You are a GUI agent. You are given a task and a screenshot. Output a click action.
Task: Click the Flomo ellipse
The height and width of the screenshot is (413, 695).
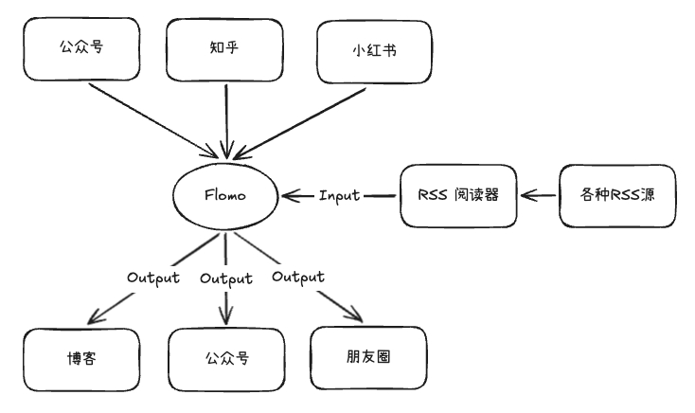pyautogui.click(x=225, y=195)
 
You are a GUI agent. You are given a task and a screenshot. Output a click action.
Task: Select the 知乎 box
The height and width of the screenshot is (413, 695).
pyautogui.click(x=225, y=50)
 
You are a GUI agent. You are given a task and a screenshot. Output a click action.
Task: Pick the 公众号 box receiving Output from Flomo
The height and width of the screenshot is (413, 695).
pyautogui.click(x=227, y=361)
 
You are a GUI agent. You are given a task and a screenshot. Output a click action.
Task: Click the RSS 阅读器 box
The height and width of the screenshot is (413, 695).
pyautogui.click(x=457, y=195)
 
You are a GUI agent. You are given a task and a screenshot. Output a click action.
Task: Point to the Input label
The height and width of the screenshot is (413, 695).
pyautogui.click(x=339, y=195)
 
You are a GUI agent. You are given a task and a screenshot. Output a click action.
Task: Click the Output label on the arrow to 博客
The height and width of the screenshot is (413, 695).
pyautogui.click(x=153, y=278)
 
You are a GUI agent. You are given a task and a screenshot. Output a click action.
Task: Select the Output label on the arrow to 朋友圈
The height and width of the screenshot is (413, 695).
pyautogui.click(x=297, y=277)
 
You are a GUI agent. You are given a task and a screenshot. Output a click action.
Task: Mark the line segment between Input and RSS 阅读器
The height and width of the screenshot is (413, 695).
pyautogui.click(x=381, y=196)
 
